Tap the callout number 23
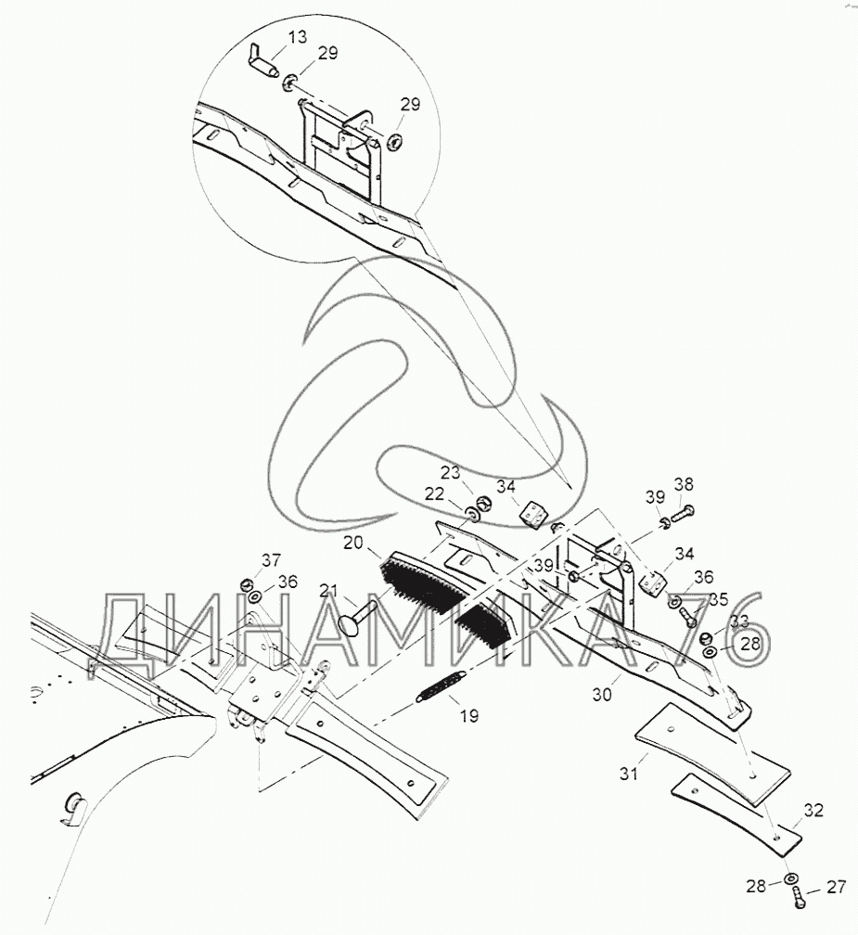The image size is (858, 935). pos(450,472)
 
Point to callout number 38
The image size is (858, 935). pos(684,483)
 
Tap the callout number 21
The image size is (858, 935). pos(328,592)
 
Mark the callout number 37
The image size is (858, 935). pos(270,560)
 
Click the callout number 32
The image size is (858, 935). pos(813,810)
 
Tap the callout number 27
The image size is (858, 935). pos(836,888)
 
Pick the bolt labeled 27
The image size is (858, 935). pos(799,897)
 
